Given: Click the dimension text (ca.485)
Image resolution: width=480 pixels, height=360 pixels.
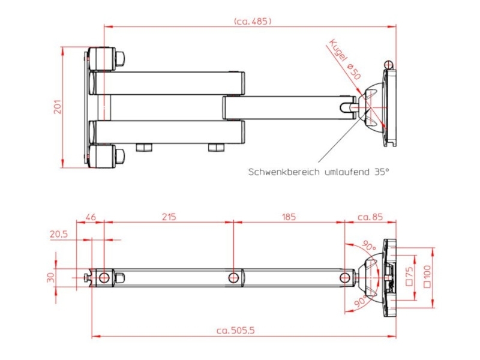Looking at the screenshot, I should [252, 21].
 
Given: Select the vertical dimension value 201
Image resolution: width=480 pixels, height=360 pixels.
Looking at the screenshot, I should [58, 107].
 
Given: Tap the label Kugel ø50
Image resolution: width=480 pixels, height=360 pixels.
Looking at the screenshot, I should [345, 59].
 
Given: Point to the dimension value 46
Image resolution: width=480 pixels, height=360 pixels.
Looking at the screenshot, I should [91, 217].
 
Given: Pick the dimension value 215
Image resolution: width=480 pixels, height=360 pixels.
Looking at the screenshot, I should [169, 217].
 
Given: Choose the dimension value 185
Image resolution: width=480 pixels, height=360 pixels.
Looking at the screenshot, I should [289, 217].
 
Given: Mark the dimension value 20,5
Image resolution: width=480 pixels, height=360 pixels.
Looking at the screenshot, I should [58, 235].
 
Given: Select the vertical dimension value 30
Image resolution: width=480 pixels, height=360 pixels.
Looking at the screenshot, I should [51, 277].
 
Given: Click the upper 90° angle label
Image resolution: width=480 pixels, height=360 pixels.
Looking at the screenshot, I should [368, 247].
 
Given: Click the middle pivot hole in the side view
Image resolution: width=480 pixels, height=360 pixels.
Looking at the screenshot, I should [233, 277].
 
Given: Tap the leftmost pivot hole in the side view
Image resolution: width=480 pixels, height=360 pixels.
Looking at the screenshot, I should [104, 277].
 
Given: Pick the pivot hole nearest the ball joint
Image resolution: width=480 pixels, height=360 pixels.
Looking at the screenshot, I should [345, 277].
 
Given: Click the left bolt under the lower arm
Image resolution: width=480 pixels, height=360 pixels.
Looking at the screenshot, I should [143, 148].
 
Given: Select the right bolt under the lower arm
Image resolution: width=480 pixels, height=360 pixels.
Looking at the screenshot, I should [216, 148].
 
